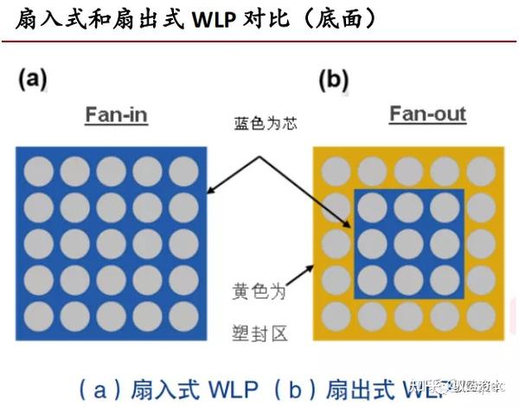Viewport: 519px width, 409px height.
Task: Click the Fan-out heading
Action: (x=427, y=114)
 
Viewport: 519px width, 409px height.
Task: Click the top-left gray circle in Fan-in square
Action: (x=39, y=170)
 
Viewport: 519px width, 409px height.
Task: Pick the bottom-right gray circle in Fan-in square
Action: (x=183, y=315)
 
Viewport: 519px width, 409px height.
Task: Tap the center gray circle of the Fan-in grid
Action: (x=111, y=243)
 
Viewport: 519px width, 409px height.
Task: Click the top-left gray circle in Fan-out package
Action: (x=335, y=170)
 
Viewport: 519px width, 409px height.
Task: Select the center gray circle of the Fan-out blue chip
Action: (x=408, y=242)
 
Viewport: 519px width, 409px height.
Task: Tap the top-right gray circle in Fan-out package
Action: (x=481, y=170)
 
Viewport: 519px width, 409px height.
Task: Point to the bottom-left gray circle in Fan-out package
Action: (x=335, y=315)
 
